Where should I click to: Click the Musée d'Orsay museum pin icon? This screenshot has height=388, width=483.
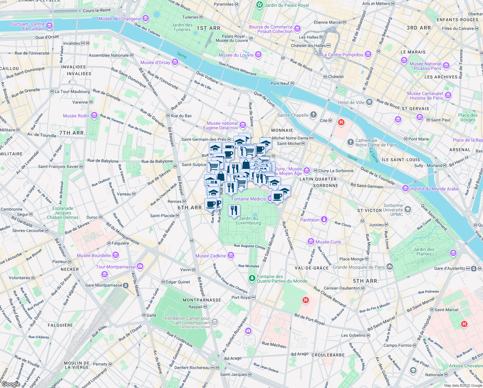click(x=175, y=62)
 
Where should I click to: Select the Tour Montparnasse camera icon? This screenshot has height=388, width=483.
click(x=140, y=266)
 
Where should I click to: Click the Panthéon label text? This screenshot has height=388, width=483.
click(x=310, y=220)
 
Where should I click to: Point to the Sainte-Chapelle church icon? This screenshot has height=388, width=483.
click(x=313, y=115)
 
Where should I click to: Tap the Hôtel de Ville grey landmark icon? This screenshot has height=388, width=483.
click(x=369, y=102)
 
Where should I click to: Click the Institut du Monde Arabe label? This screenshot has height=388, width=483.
click(x=434, y=189)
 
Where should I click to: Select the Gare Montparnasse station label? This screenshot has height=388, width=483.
click(x=104, y=285)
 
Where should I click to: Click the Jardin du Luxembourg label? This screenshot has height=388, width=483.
click(x=248, y=221)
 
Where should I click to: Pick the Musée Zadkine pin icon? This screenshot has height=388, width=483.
click(x=231, y=256)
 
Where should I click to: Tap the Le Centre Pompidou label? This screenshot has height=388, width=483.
click(x=343, y=55)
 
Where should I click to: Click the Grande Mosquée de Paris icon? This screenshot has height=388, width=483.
click(x=390, y=267)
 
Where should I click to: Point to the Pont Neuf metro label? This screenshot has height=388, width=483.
click(x=280, y=83)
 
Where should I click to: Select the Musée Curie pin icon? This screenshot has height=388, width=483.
click(x=311, y=242)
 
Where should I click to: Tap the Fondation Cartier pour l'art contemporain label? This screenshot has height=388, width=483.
click(x=187, y=320)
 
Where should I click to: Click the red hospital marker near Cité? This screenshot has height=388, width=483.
click(x=341, y=123)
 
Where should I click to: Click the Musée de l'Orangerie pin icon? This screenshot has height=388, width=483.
click(x=146, y=18)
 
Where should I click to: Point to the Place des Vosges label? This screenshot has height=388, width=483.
click(x=468, y=117)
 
